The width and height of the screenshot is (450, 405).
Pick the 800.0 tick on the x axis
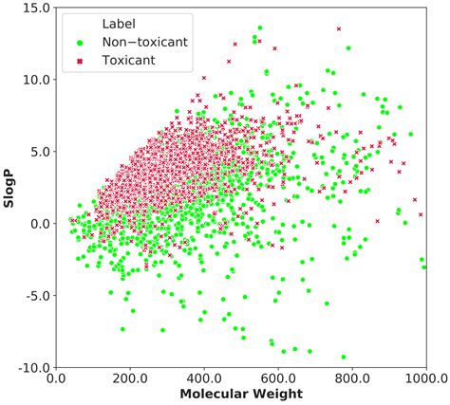[352, 377]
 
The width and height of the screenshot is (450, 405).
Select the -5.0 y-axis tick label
[34, 295]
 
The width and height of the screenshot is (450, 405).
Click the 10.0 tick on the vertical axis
[35, 80]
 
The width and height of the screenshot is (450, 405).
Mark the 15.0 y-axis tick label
[35, 8]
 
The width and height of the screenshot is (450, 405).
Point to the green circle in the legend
[81, 43]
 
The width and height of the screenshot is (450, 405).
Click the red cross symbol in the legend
[81, 61]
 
